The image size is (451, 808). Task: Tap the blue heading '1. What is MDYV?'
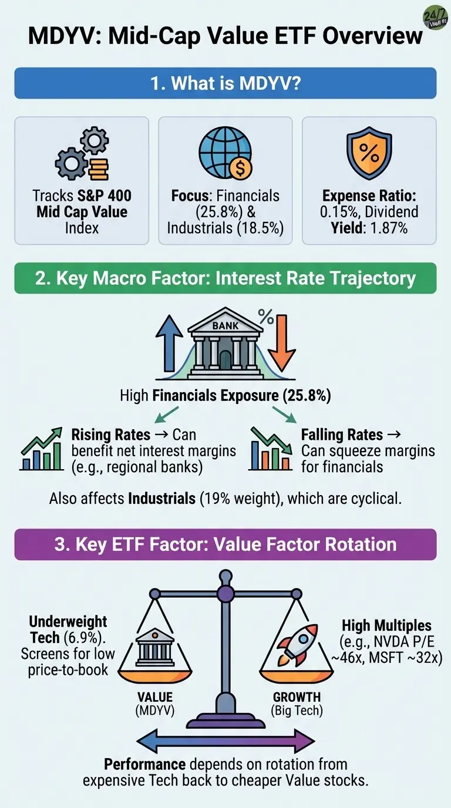pos(225,83)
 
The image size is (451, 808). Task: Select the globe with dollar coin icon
pos(225,154)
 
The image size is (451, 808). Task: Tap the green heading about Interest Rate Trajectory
pos(225,278)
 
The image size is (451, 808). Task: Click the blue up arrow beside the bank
pos(170,343)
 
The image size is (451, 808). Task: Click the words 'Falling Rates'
pos(342,435)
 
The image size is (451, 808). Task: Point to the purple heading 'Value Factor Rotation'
pos(225,544)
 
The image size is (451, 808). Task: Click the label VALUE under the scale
pos(155,697)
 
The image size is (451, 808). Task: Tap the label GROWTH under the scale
pos(297,697)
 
